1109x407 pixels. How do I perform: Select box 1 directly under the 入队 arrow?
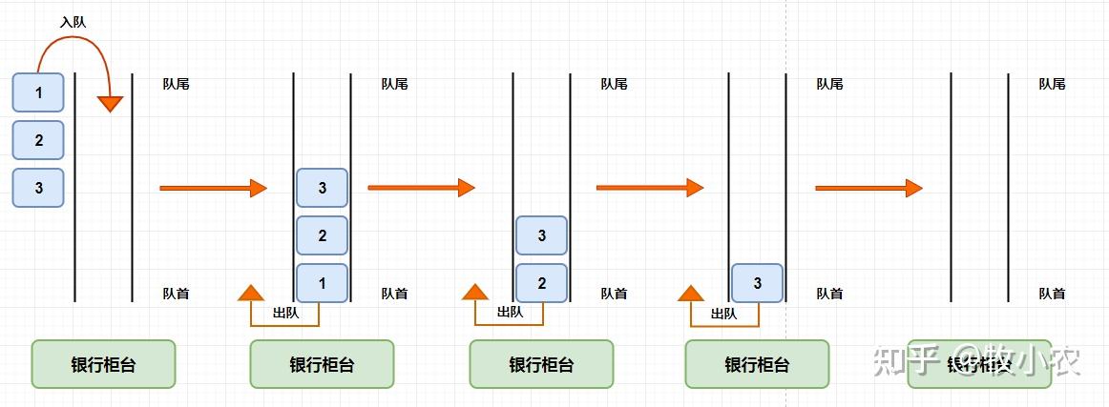coord(38,92)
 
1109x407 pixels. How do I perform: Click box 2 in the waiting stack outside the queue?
coord(38,140)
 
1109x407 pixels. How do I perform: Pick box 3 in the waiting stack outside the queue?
coord(38,188)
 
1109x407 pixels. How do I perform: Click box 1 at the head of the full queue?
coord(322,283)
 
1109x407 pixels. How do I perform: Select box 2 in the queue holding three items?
coord(322,235)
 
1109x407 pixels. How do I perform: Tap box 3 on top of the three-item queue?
coord(322,188)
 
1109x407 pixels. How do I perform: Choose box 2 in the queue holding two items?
coord(541,283)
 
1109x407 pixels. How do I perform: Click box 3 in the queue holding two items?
coord(541,235)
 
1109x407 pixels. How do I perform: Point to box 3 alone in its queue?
coord(757,283)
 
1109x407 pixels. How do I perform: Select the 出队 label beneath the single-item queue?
coord(724,313)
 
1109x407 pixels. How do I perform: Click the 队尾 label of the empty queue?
coord(1052,84)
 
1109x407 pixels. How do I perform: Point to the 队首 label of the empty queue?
coord(1052,294)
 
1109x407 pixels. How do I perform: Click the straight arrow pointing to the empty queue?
coord(868,188)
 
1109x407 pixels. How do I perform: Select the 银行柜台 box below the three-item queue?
coord(322,364)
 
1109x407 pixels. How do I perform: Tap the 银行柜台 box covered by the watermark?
coord(979,364)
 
